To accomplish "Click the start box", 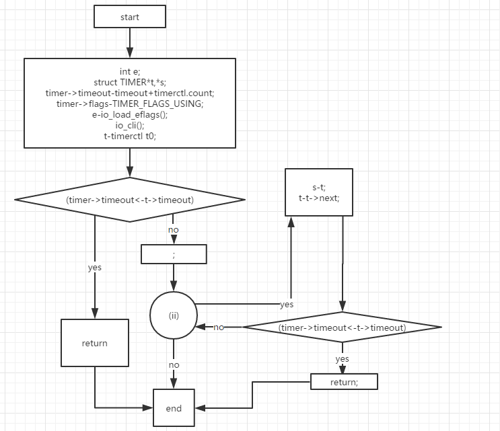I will pyautogui.click(x=130, y=17).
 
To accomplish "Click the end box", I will pyautogui.click(x=174, y=407).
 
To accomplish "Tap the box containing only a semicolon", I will pyautogui.click(x=174, y=254).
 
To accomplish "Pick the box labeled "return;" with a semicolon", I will pyautogui.click(x=344, y=382).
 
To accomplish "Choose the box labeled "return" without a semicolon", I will pyautogui.click(x=94, y=343).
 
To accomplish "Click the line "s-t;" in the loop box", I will pyautogui.click(x=319, y=188).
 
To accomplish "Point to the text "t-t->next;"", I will pyautogui.click(x=319, y=198).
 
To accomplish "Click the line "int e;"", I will pyautogui.click(x=130, y=71).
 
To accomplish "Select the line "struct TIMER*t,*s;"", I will pyautogui.click(x=130, y=82).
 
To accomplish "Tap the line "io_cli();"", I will pyautogui.click(x=130, y=125).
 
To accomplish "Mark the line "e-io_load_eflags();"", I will pyautogui.click(x=130, y=114).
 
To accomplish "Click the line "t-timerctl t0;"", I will pyautogui.click(x=130, y=136).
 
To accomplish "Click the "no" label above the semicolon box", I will pyautogui.click(x=174, y=230).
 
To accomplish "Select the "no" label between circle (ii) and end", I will pyautogui.click(x=174, y=364).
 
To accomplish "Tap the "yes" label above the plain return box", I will pyautogui.click(x=94, y=267).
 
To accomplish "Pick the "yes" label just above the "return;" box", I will pyautogui.click(x=342, y=359).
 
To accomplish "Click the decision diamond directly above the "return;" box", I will pyautogui.click(x=342, y=327).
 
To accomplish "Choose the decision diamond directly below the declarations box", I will pyautogui.click(x=130, y=200).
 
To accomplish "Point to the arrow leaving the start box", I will pyautogui.click(x=130, y=43).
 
